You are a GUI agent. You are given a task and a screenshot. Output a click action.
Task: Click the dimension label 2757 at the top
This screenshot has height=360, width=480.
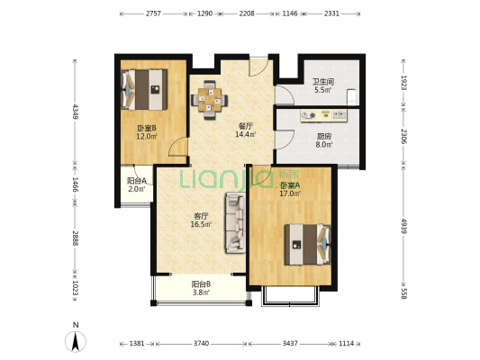(x=153, y=13)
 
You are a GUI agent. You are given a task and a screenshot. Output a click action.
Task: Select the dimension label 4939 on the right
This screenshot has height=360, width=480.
(x=403, y=226)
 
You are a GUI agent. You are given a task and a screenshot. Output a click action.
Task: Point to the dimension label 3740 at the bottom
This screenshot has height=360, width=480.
(x=201, y=344)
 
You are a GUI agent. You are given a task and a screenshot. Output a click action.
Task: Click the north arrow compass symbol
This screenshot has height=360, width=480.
(x=75, y=340)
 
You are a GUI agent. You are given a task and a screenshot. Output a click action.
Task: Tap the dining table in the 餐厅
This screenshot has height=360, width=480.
(x=210, y=100)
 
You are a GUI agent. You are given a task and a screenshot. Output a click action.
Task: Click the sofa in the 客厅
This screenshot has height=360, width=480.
(x=235, y=223)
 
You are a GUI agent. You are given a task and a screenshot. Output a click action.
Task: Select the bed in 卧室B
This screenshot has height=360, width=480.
(x=144, y=89)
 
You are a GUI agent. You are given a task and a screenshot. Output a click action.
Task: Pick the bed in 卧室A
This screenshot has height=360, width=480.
(x=308, y=245)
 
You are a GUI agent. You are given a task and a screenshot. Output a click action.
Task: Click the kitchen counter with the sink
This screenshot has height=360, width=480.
(x=324, y=115)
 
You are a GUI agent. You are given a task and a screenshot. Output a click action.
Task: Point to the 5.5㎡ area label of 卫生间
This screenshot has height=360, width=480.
(x=323, y=90)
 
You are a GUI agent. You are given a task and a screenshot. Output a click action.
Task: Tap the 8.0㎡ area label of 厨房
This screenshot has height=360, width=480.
(x=324, y=145)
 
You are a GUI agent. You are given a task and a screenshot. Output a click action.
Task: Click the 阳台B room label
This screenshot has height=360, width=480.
(x=201, y=284)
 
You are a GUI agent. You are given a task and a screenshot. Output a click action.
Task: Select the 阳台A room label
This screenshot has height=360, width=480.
(x=137, y=181)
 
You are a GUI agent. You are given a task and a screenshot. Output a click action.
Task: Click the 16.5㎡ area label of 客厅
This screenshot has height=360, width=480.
(x=201, y=224)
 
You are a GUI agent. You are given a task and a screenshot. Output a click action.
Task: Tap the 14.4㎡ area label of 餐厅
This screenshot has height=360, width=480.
(x=246, y=134)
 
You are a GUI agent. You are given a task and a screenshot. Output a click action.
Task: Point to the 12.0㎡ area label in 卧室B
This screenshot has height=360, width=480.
(x=147, y=137)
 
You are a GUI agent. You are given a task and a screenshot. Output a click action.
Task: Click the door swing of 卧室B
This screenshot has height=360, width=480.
(x=177, y=147)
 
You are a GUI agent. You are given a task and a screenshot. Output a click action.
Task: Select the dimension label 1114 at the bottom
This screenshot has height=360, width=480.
(x=346, y=344)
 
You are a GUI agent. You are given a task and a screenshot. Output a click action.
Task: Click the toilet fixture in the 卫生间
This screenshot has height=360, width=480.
(x=351, y=96)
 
